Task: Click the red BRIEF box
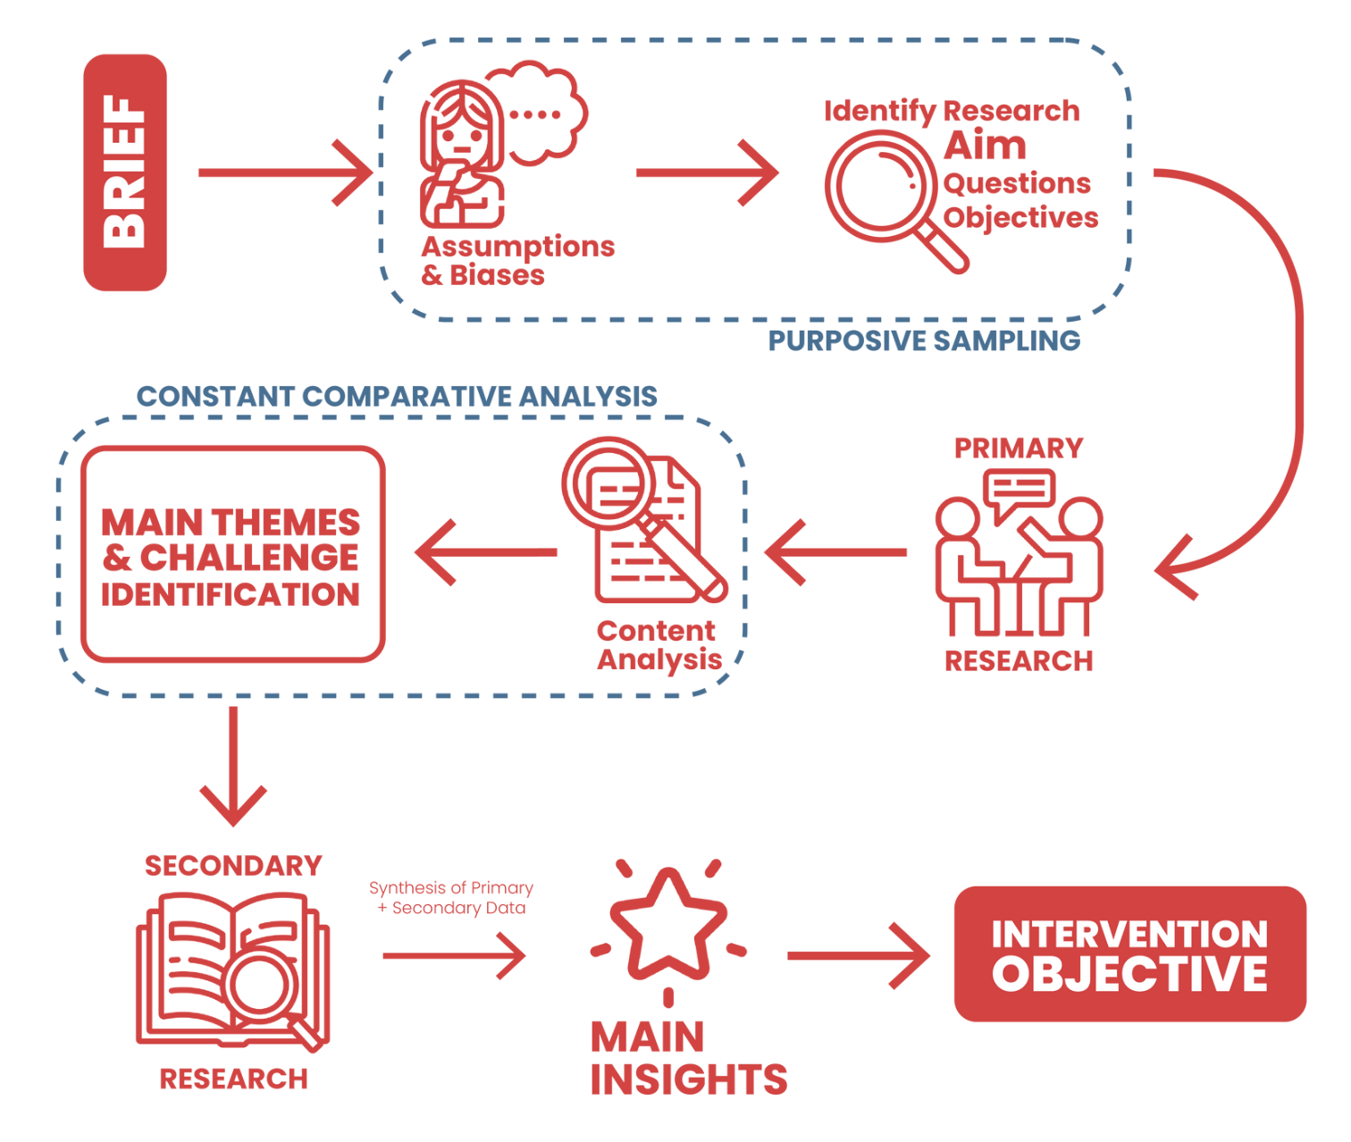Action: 125,172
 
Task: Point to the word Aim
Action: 985,146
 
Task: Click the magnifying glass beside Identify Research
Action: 885,192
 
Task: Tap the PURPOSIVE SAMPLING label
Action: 924,340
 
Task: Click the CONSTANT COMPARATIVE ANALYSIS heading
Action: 397,396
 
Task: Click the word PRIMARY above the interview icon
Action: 1019,448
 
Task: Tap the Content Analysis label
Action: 659,645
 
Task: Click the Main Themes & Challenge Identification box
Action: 232,555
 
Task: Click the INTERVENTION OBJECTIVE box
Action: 1129,953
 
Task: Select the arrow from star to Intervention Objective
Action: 858,956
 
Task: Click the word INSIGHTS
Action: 689,1079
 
